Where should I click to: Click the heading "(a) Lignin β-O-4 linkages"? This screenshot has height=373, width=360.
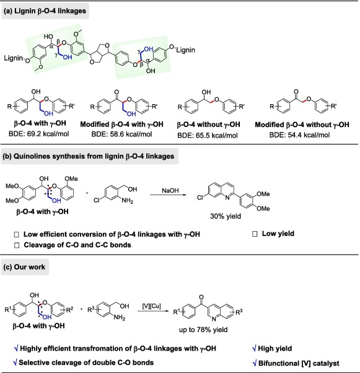click(45, 11)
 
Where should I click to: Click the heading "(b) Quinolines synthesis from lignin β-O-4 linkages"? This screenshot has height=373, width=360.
click(88, 156)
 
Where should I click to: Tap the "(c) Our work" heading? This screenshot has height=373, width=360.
click(24, 267)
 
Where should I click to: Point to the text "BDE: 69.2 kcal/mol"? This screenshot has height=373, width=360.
click(39, 134)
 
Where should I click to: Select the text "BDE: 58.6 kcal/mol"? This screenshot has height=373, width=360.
click(121, 134)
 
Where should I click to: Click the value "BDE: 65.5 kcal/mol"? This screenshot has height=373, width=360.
click(208, 135)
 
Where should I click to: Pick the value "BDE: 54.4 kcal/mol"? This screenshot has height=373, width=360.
click(299, 135)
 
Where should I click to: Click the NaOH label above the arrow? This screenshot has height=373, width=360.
click(170, 191)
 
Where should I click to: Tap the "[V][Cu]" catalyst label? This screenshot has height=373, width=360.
click(152, 306)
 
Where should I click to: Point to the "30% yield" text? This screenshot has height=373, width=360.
click(226, 216)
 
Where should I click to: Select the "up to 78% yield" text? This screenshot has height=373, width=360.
click(203, 330)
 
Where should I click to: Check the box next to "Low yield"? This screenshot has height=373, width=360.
click(255, 234)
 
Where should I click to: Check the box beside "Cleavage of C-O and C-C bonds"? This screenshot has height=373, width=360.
click(17, 245)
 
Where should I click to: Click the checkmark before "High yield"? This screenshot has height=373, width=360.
click(254, 349)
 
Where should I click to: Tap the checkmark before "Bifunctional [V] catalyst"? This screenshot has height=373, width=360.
click(254, 363)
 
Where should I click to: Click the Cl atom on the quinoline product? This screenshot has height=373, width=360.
click(200, 198)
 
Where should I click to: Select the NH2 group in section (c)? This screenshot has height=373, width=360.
click(120, 318)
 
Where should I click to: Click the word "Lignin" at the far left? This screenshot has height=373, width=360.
click(14, 58)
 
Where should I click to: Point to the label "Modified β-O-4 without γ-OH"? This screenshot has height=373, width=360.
click(302, 125)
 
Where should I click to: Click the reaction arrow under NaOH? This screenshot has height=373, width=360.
click(168, 195)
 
